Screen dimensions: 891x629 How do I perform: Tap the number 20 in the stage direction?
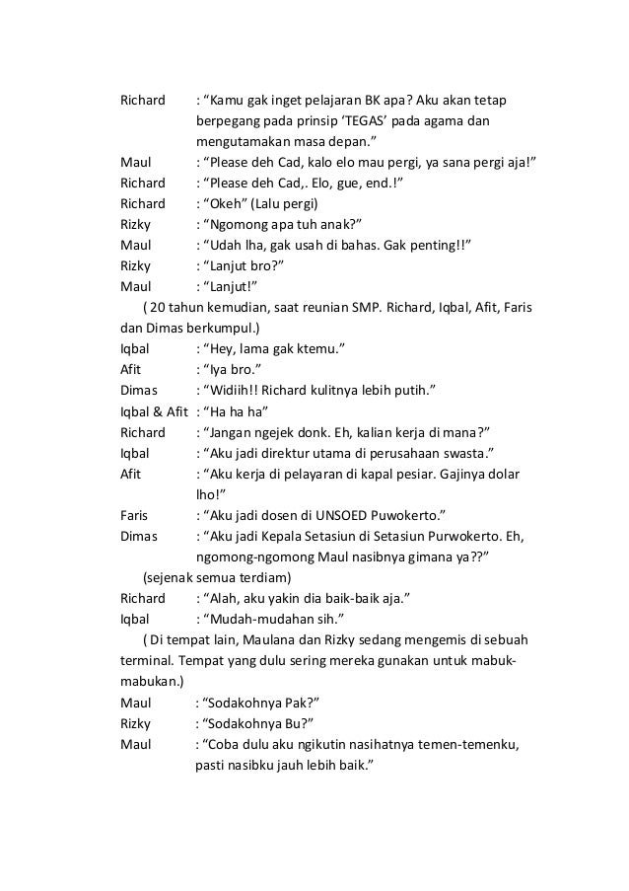pyautogui.click(x=161, y=307)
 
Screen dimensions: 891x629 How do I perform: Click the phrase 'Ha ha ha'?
pyautogui.click(x=237, y=410)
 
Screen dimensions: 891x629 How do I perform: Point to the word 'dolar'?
pyautogui.click(x=508, y=474)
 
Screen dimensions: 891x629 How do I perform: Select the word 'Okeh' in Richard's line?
pyautogui.click(x=221, y=203)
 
